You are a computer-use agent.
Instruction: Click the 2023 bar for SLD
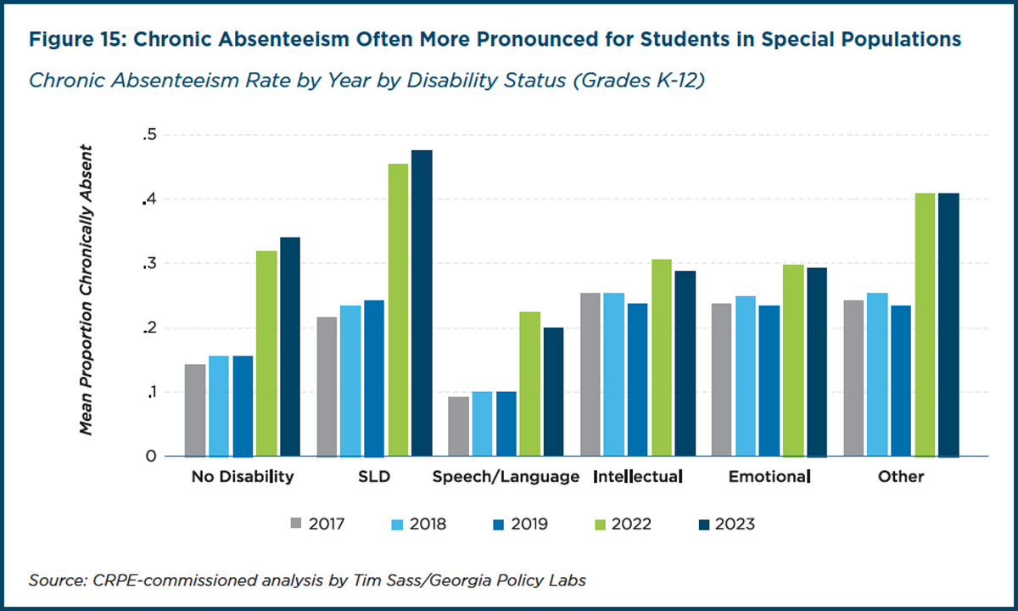(422, 303)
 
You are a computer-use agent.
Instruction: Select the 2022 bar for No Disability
(266, 354)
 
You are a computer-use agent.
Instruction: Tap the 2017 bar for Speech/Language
(459, 426)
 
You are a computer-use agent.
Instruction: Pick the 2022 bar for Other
(925, 325)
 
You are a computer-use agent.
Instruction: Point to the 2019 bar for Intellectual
(637, 380)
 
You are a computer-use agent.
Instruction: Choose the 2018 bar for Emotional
(746, 377)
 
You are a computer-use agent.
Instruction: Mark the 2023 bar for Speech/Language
(553, 392)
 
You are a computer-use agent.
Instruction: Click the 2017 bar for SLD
(327, 387)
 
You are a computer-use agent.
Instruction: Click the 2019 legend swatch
(499, 524)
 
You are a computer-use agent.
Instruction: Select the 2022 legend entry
(623, 524)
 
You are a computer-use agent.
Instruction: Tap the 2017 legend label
(327, 524)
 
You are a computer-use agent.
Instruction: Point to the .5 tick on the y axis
(150, 135)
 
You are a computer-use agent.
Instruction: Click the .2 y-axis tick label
(150, 328)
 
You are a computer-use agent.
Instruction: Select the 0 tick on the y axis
(151, 456)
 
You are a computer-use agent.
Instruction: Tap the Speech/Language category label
(506, 477)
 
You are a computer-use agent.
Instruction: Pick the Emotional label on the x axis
(769, 476)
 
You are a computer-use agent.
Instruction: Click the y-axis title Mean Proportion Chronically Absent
(86, 290)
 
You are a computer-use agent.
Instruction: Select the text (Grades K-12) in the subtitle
(639, 81)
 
